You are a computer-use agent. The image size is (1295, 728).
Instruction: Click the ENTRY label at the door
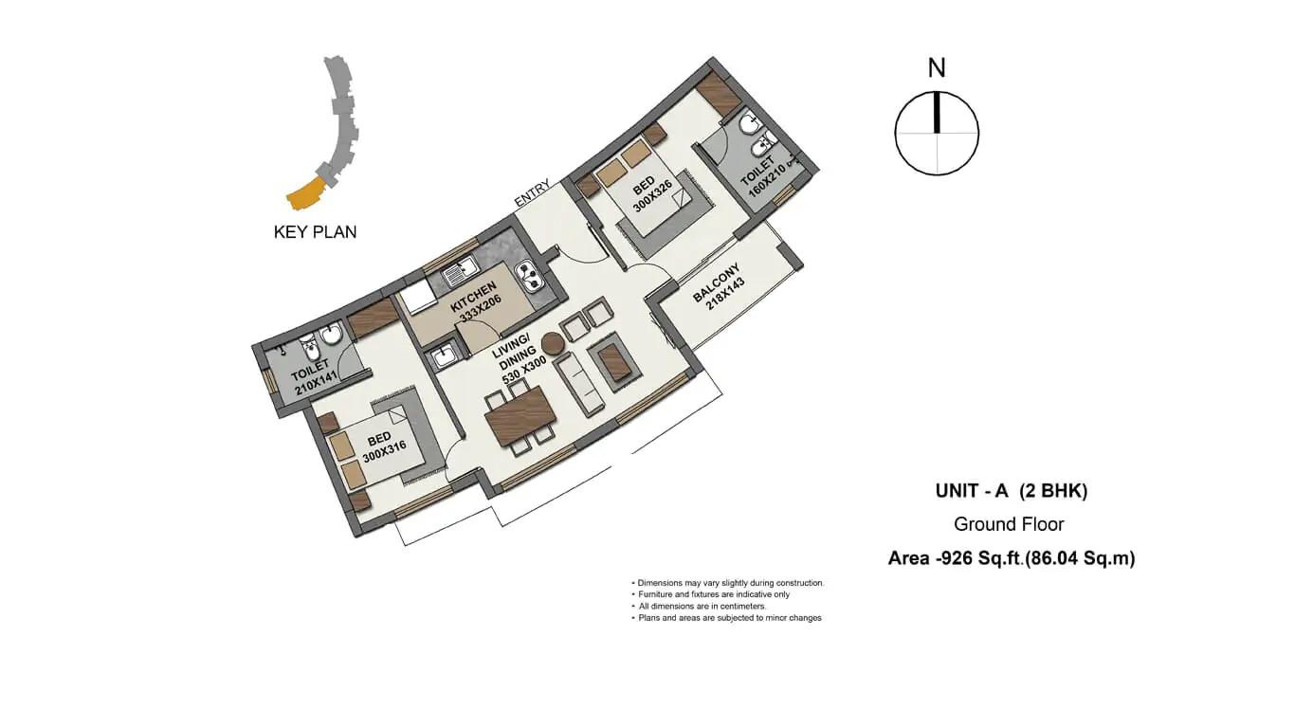[x=532, y=192]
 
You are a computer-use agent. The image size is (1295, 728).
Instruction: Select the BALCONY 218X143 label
[x=720, y=288]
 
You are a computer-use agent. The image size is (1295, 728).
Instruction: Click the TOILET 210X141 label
[x=313, y=377]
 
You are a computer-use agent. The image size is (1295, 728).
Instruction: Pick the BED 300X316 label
[x=382, y=447]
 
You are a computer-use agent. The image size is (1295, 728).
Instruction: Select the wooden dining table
[x=520, y=416]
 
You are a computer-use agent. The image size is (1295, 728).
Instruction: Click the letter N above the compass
[x=937, y=68]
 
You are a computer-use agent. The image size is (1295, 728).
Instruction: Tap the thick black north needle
[x=937, y=112]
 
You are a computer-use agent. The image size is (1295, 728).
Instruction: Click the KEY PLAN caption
[x=315, y=232]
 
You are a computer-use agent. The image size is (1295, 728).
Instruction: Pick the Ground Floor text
[x=1009, y=524]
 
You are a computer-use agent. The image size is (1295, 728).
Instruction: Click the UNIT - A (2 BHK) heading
[x=1012, y=491]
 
